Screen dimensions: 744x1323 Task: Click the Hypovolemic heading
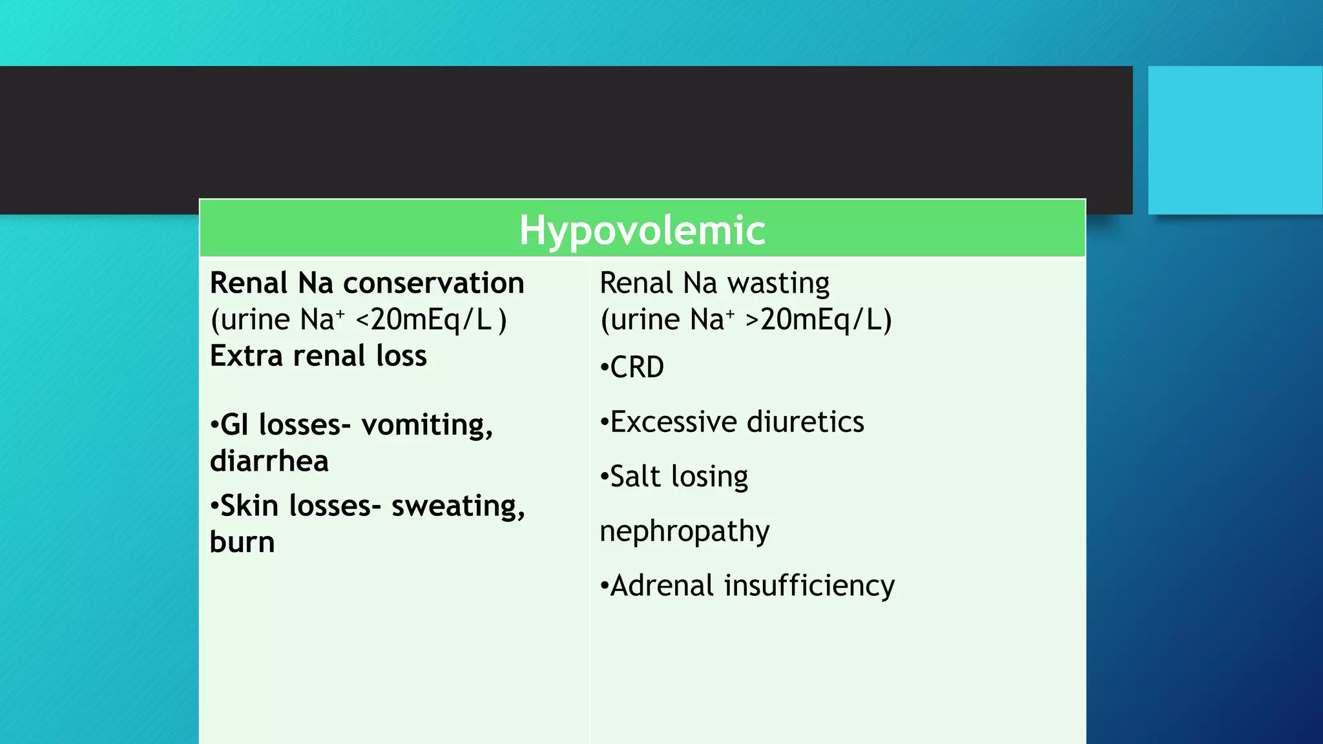tap(642, 230)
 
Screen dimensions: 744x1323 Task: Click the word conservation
tap(433, 283)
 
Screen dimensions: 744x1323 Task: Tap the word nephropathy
tap(685, 532)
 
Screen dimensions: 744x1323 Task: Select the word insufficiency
tap(809, 586)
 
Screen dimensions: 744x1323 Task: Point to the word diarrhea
tap(269, 461)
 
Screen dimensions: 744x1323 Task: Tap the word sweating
tap(457, 506)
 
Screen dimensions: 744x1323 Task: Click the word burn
tap(242, 542)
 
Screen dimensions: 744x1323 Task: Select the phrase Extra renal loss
tap(318, 356)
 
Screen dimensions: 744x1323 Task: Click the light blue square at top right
tap(1235, 140)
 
